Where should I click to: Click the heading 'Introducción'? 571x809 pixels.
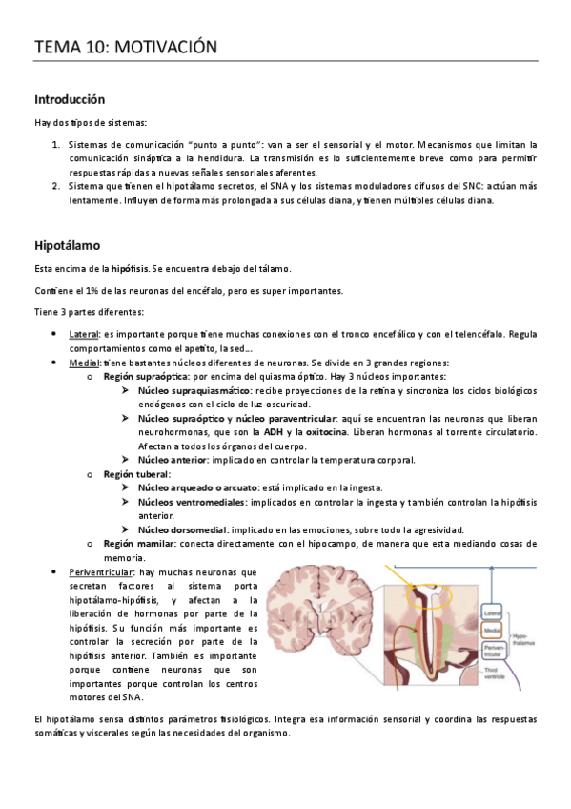[69, 99]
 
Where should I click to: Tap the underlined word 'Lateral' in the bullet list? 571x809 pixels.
[83, 334]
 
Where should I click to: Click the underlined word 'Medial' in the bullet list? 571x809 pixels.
[82, 363]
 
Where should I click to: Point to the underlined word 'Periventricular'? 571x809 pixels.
[102, 570]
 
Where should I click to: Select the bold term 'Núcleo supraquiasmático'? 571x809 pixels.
[194, 391]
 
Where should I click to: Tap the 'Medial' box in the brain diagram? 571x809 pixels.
[493, 631]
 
